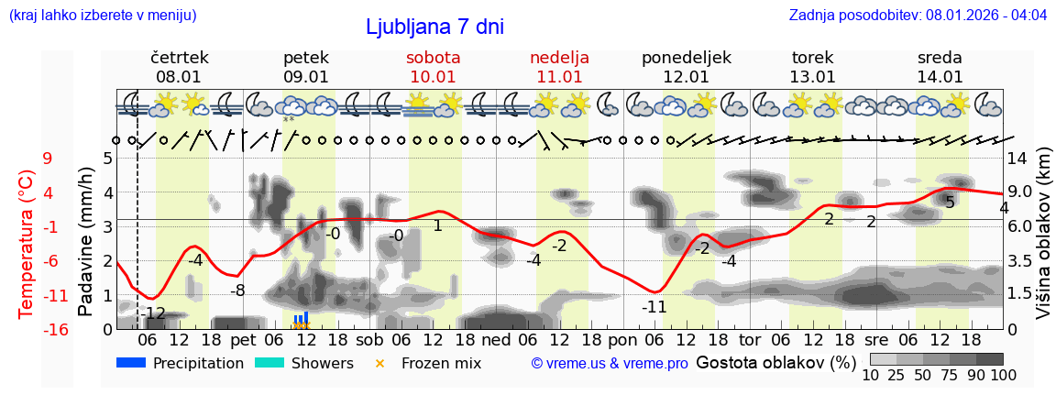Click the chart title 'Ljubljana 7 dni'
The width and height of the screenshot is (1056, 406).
[434, 27]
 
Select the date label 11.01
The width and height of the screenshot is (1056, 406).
[559, 77]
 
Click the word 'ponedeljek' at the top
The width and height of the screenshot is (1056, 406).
[686, 58]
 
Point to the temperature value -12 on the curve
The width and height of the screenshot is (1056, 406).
[153, 313]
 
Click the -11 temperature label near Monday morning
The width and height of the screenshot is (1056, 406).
[654, 306]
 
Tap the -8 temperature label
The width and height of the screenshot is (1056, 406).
[237, 291]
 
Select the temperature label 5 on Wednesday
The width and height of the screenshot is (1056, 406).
[951, 203]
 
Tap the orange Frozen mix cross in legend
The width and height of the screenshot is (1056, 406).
[380, 363]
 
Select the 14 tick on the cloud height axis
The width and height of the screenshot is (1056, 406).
[1017, 158]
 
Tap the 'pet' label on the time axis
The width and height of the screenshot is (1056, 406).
[243, 339]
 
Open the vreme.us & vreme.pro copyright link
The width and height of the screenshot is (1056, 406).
[610, 363]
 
